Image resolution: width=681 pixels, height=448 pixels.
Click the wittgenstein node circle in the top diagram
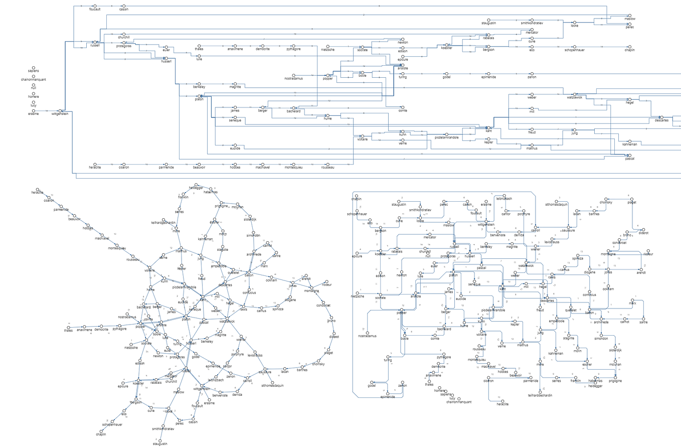(x=60, y=110)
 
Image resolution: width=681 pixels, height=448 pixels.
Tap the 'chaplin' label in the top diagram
(x=629, y=50)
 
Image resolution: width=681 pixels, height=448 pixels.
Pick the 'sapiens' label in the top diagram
(x=34, y=71)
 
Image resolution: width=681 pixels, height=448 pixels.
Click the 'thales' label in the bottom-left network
(x=68, y=331)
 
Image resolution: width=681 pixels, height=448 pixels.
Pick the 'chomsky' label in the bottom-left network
(x=319, y=364)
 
